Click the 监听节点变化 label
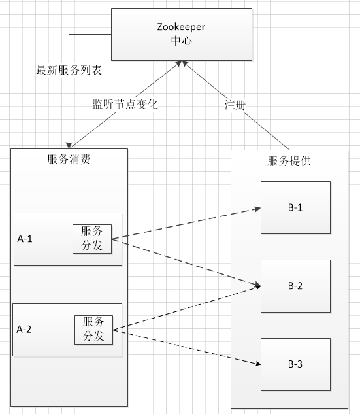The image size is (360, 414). (x=123, y=103)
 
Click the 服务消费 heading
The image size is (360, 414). (x=69, y=160)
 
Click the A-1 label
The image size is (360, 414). (x=25, y=239)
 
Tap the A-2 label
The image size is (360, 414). (x=24, y=330)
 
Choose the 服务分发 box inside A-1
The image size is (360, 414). (x=92, y=238)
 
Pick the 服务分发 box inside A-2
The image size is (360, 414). (x=93, y=329)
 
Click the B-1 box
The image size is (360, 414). (x=295, y=208)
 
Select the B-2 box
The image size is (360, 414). (x=295, y=286)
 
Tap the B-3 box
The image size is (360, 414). (x=295, y=364)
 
